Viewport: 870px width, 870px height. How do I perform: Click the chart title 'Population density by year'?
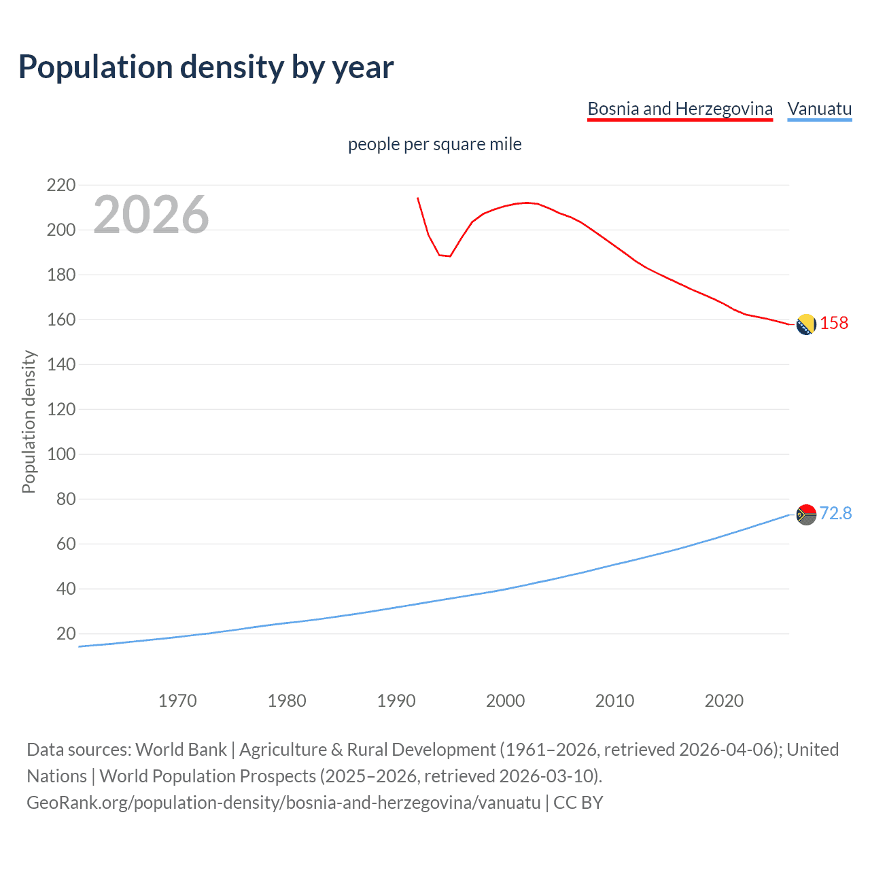[206, 67]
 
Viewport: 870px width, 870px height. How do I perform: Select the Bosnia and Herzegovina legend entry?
[680, 109]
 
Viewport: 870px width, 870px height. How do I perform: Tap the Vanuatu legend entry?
[819, 109]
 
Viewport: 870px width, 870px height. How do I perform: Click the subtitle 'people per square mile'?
[434, 144]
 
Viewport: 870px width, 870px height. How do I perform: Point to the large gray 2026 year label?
[151, 215]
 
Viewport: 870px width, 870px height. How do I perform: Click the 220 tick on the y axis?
[61, 185]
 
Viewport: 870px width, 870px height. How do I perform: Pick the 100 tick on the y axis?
[61, 454]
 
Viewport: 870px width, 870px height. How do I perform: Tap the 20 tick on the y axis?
[66, 633]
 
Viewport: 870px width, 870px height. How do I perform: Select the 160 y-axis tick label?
[61, 319]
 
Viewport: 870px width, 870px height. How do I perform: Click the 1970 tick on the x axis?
[177, 701]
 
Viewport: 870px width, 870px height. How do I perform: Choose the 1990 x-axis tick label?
[396, 701]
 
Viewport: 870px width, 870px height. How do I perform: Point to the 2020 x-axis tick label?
[724, 701]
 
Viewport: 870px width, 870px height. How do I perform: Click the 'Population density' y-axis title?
[29, 421]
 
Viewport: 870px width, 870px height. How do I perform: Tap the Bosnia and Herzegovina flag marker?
[805, 325]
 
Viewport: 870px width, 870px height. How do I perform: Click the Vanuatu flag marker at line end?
[805, 515]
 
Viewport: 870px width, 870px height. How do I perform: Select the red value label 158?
[834, 323]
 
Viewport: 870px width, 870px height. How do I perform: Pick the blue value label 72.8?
[835, 513]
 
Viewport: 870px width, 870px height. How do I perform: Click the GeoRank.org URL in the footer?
[283, 803]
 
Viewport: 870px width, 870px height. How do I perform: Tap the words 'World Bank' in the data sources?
[181, 750]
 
